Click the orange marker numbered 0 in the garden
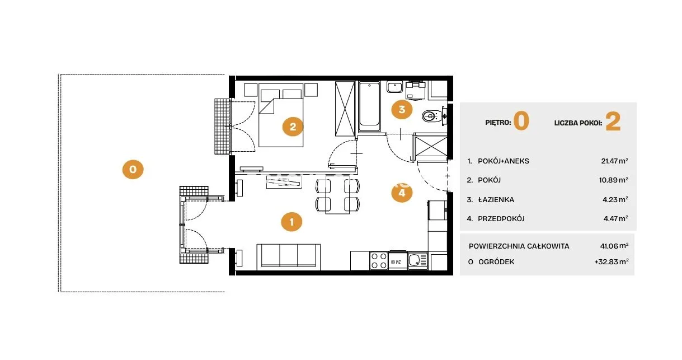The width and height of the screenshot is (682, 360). (x=133, y=169)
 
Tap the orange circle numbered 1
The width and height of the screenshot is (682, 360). (x=291, y=222)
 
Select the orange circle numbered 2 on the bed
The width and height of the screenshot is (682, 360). (x=293, y=127)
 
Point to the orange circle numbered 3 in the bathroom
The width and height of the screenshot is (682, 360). (x=402, y=109)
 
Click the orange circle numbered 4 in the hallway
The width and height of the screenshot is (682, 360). (x=402, y=193)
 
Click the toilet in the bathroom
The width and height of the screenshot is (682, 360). (x=432, y=115)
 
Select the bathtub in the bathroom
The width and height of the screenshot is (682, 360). (x=369, y=106)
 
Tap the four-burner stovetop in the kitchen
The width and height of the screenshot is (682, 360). (x=379, y=261)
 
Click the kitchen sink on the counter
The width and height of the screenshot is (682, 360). (x=417, y=261)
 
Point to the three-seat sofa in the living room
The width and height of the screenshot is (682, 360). (x=288, y=257)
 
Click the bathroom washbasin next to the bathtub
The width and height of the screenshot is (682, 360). (x=394, y=87)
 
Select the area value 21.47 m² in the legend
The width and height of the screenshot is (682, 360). (x=614, y=161)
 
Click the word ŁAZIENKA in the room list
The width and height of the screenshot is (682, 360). (x=496, y=200)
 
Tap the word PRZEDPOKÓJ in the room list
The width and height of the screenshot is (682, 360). (x=501, y=219)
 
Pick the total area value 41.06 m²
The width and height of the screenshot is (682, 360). (x=614, y=246)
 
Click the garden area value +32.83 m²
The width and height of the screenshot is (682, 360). (x=612, y=261)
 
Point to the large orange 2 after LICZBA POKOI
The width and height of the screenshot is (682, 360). (x=613, y=121)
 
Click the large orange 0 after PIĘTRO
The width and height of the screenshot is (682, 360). (x=521, y=121)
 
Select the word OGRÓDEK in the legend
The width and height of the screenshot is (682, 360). (x=496, y=262)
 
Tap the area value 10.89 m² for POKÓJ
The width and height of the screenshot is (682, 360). (x=614, y=180)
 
